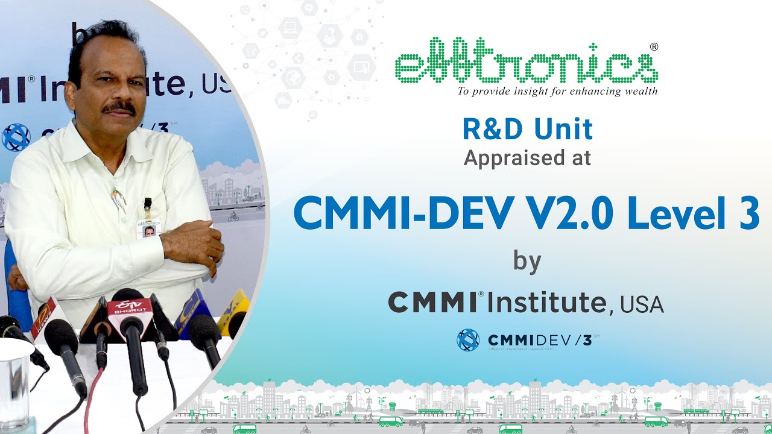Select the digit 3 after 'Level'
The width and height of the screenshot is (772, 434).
click(x=748, y=213)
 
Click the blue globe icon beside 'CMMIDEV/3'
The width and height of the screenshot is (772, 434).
click(x=468, y=340)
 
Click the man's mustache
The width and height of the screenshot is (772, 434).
click(x=119, y=108)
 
